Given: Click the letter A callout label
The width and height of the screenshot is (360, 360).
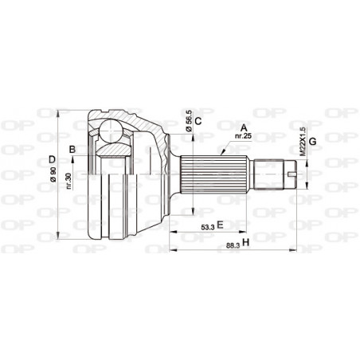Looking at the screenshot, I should point(244,126).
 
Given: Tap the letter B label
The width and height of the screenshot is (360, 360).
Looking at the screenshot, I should point(72,149).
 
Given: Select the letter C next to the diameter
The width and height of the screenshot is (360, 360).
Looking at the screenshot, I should point(198,121).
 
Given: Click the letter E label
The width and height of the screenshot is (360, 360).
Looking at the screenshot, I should point(219,225).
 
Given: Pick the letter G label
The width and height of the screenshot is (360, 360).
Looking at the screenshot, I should point(313,142).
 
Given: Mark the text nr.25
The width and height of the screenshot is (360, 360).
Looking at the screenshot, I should point(244,135).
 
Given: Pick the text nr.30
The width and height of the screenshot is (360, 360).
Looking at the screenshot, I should point(70,180).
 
